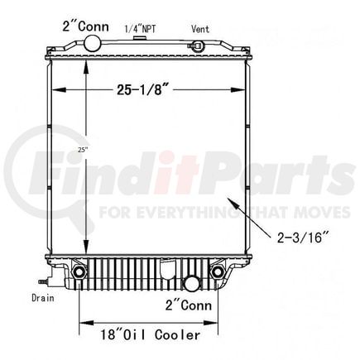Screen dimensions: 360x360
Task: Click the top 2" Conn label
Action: click(x=85, y=26)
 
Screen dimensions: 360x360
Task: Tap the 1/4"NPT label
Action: click(x=140, y=29)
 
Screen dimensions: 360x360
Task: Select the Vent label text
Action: click(x=200, y=29)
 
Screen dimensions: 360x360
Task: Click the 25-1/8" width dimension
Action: click(x=142, y=89)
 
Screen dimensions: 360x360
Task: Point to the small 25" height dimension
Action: click(x=83, y=150)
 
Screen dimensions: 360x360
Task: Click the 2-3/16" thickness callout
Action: click(x=303, y=237)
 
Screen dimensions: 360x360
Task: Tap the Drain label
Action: click(x=43, y=298)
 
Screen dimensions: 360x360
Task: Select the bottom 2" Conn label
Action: click(x=189, y=305)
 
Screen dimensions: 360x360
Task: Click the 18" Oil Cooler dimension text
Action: click(x=150, y=334)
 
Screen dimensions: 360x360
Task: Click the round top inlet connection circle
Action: click(x=93, y=43)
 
